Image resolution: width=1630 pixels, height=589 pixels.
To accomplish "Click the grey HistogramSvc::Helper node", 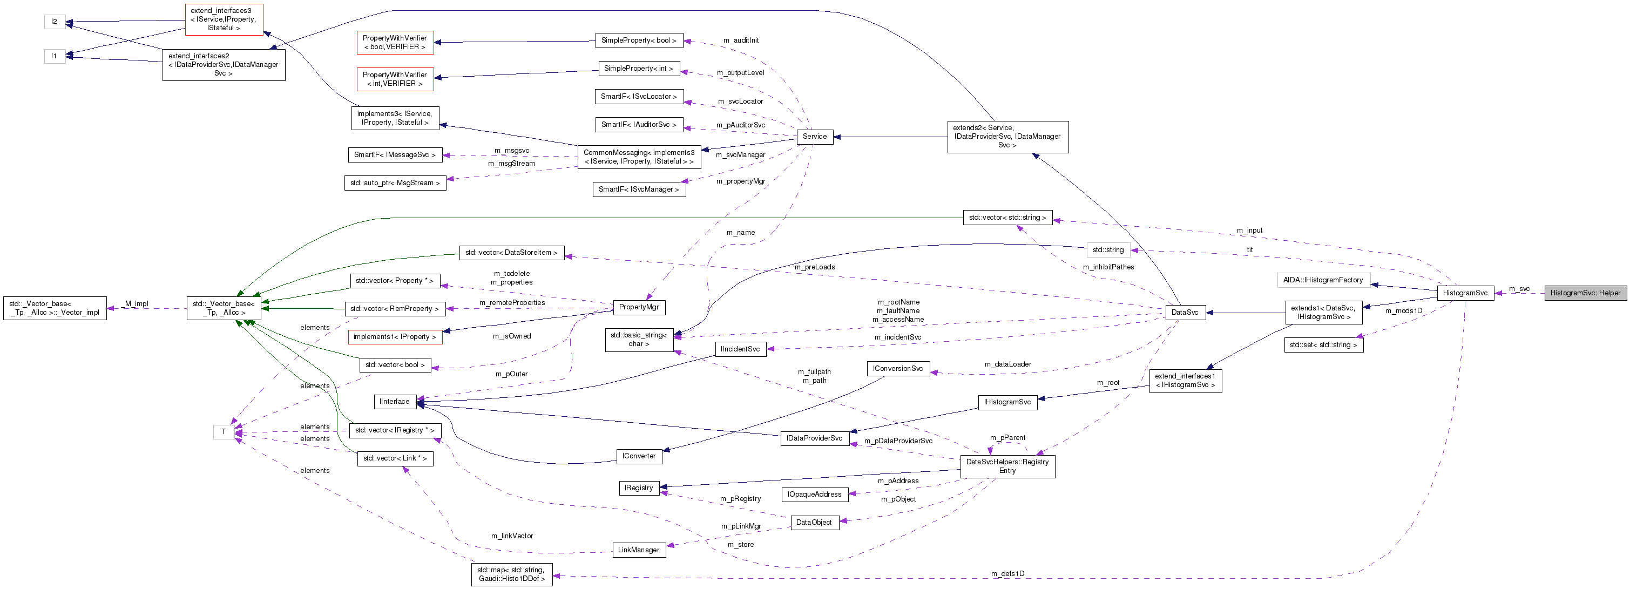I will (1585, 293).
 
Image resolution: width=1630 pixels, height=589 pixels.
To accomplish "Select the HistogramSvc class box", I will (1465, 293).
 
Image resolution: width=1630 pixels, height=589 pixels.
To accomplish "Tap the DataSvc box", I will (1185, 312).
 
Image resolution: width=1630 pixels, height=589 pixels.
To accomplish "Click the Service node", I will (814, 136).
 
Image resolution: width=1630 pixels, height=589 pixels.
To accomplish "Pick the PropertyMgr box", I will (639, 307).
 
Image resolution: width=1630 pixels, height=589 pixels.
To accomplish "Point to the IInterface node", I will (394, 401).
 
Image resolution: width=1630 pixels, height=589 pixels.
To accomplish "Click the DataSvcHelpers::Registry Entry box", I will (1007, 466).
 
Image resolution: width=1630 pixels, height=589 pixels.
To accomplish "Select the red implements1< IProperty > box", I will (394, 336).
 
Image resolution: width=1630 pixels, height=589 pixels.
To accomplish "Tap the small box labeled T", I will (224, 431).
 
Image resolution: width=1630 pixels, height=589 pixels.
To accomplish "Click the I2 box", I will (55, 22).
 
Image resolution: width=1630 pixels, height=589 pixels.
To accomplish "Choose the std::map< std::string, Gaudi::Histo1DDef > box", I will (511, 574).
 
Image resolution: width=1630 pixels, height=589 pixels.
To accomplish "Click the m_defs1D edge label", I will (1007, 574).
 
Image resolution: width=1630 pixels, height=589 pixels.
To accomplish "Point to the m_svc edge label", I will (1519, 288).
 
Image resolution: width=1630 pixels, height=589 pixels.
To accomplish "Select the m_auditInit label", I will (741, 40).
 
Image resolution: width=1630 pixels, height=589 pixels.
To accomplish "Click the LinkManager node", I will (639, 550).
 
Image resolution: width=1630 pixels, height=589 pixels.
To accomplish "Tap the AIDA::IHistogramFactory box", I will (1322, 280).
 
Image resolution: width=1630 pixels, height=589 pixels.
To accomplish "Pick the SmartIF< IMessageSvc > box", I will (394, 155).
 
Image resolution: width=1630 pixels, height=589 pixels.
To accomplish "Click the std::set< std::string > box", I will (1323, 345).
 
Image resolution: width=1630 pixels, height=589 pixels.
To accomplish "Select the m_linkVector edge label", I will (512, 536).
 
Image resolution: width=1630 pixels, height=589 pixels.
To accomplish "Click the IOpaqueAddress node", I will (814, 494).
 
